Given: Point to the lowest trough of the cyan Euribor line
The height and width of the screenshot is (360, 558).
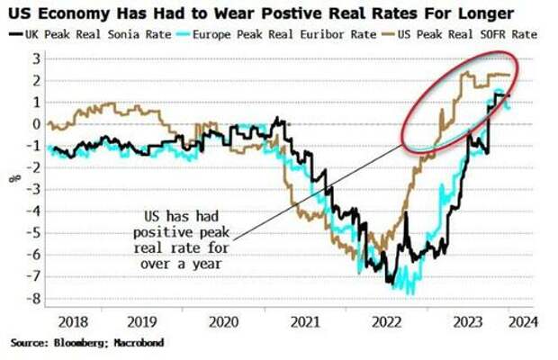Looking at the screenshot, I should click(x=411, y=292).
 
